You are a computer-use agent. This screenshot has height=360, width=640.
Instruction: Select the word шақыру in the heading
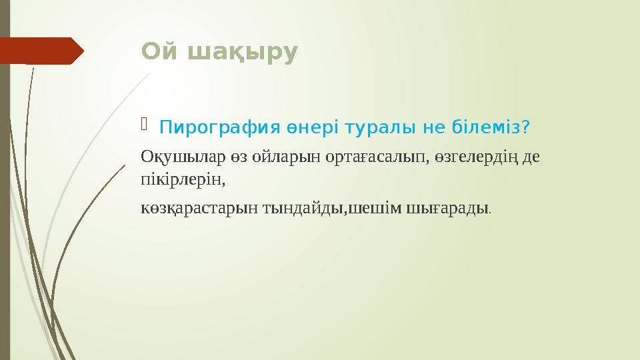point(238,53)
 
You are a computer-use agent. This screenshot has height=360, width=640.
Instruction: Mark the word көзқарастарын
point(192,208)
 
